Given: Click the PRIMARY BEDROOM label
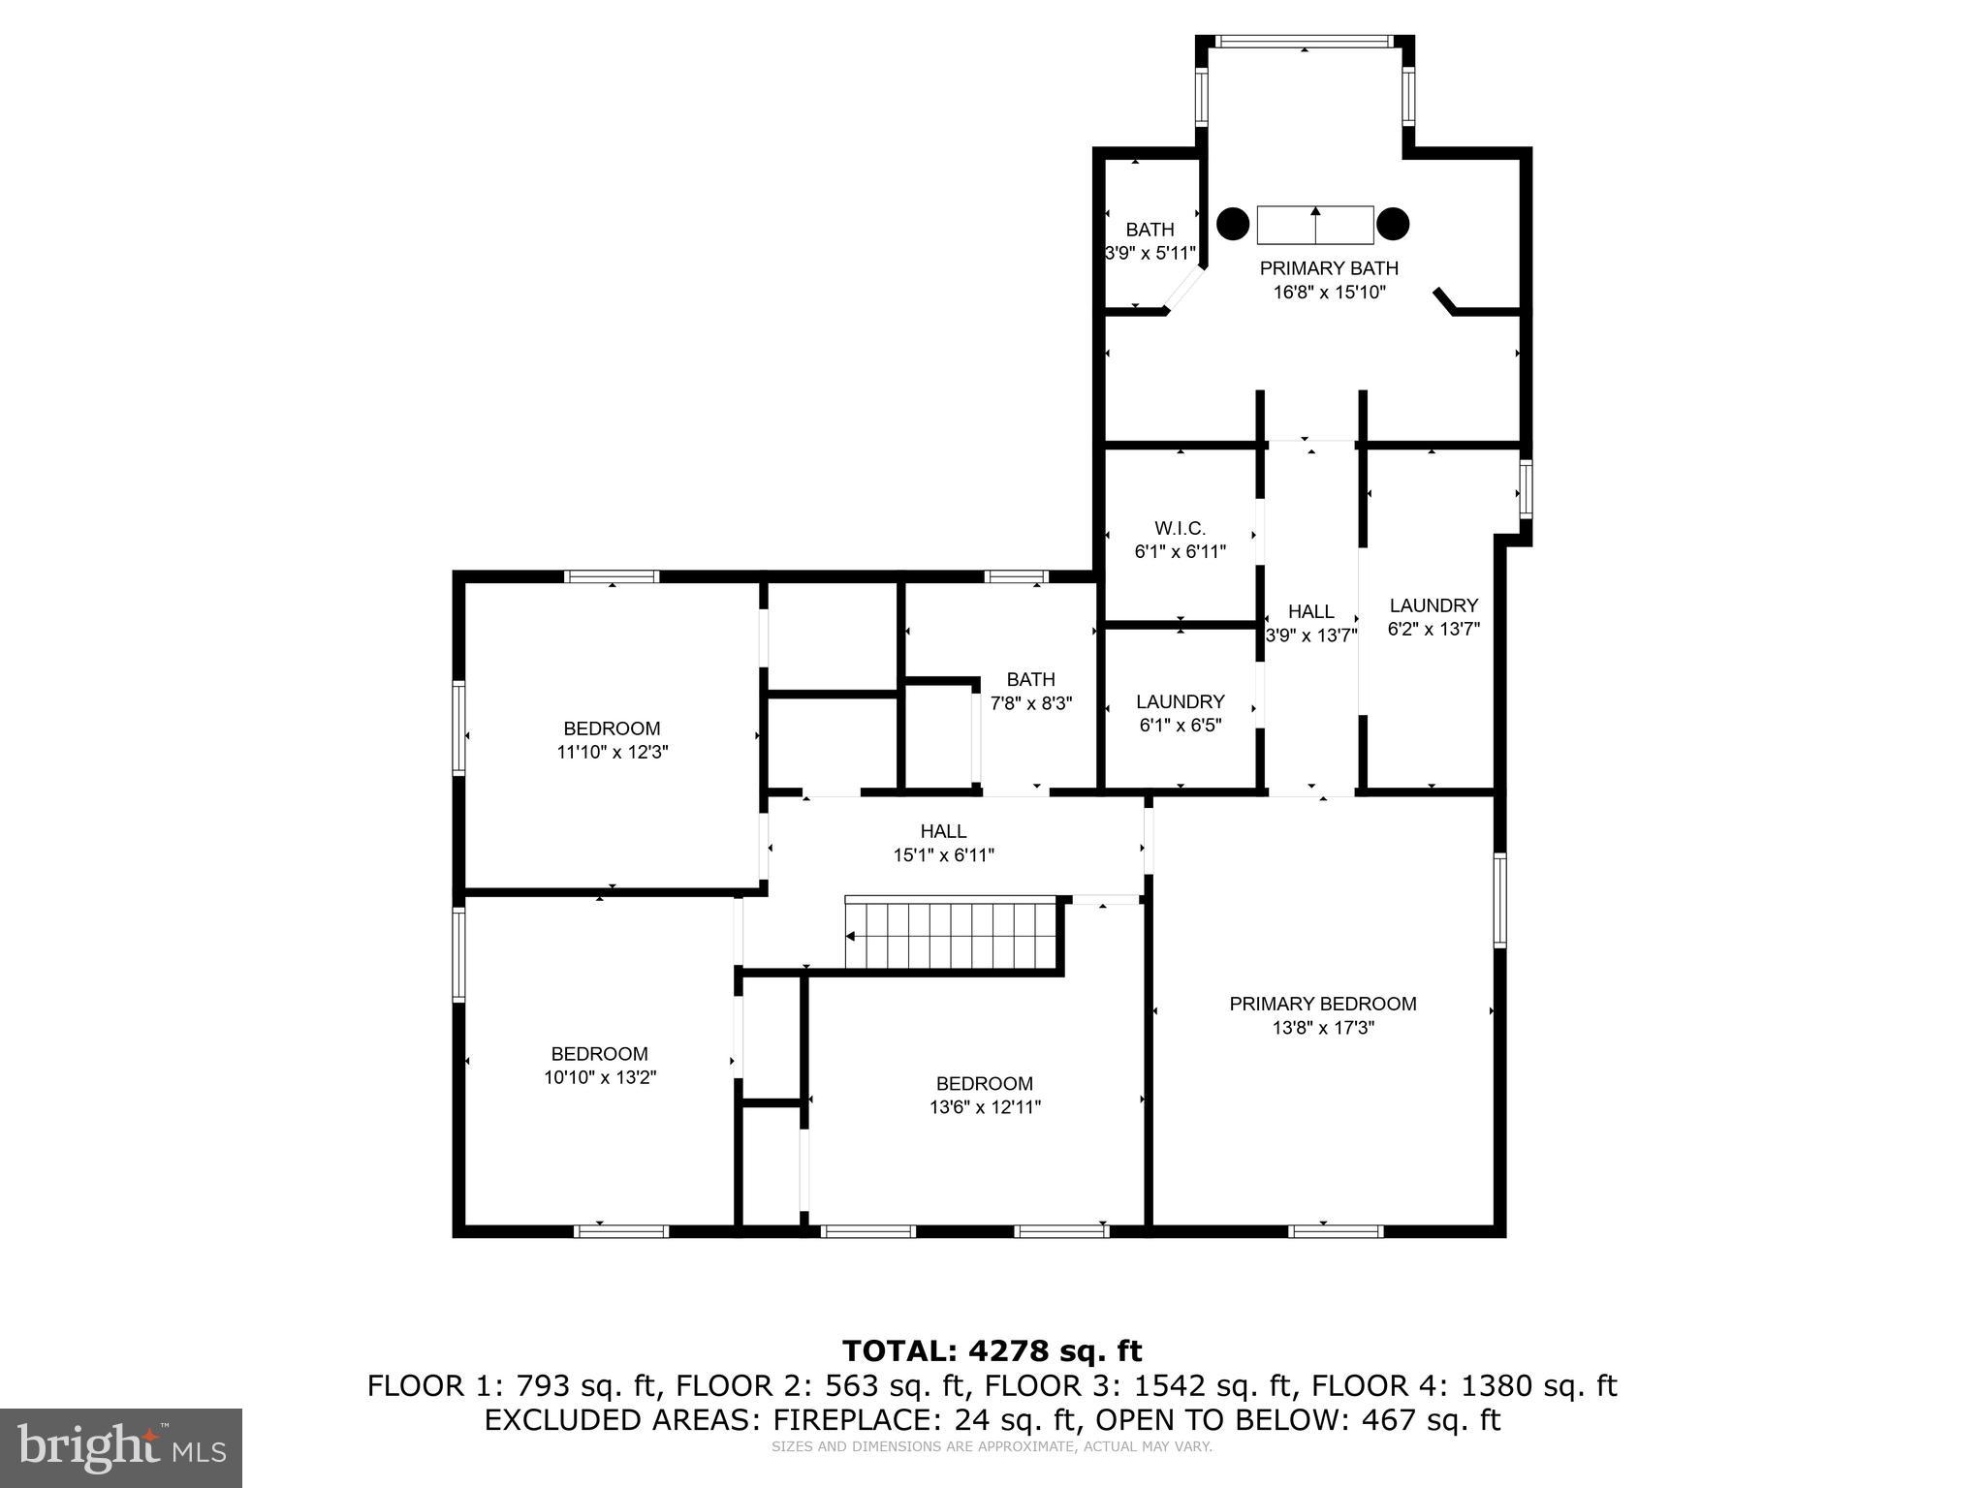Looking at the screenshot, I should [x=1322, y=1004].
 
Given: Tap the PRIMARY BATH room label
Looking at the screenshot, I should [x=1329, y=268].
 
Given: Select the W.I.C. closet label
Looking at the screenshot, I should [x=1180, y=529].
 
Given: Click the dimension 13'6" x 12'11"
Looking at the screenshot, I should [x=985, y=1107].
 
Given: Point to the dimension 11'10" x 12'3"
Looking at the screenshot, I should [x=612, y=752].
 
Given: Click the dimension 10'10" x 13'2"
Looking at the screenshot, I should [x=600, y=1077].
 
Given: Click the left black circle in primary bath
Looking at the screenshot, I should [x=1233, y=224].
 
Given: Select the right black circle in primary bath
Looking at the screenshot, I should [x=1393, y=224].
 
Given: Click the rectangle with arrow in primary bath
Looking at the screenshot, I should [x=1315, y=225].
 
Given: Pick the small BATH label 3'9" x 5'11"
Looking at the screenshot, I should [x=1150, y=230].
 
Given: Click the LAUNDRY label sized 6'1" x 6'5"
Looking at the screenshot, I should [x=1180, y=701].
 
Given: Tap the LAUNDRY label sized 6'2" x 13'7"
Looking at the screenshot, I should [x=1434, y=605].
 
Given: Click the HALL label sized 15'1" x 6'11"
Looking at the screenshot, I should [x=943, y=831].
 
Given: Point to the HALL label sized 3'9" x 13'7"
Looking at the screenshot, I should [x=1310, y=612].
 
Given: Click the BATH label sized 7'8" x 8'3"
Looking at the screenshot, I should [x=1030, y=679].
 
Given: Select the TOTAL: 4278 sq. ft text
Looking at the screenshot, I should [x=992, y=1350].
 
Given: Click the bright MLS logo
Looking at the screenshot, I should [x=121, y=1447].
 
